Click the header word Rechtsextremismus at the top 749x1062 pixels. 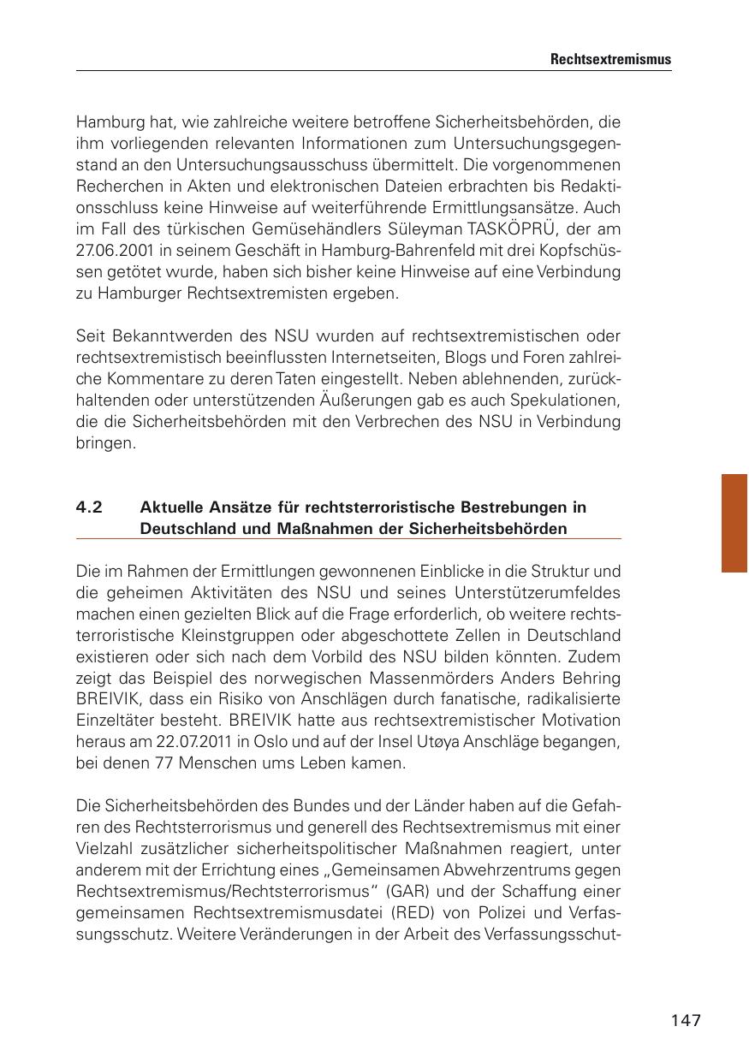coord(610,60)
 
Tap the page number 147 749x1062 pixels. coord(686,1020)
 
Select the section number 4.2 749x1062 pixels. coord(89,507)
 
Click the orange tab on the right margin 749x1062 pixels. coord(734,522)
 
